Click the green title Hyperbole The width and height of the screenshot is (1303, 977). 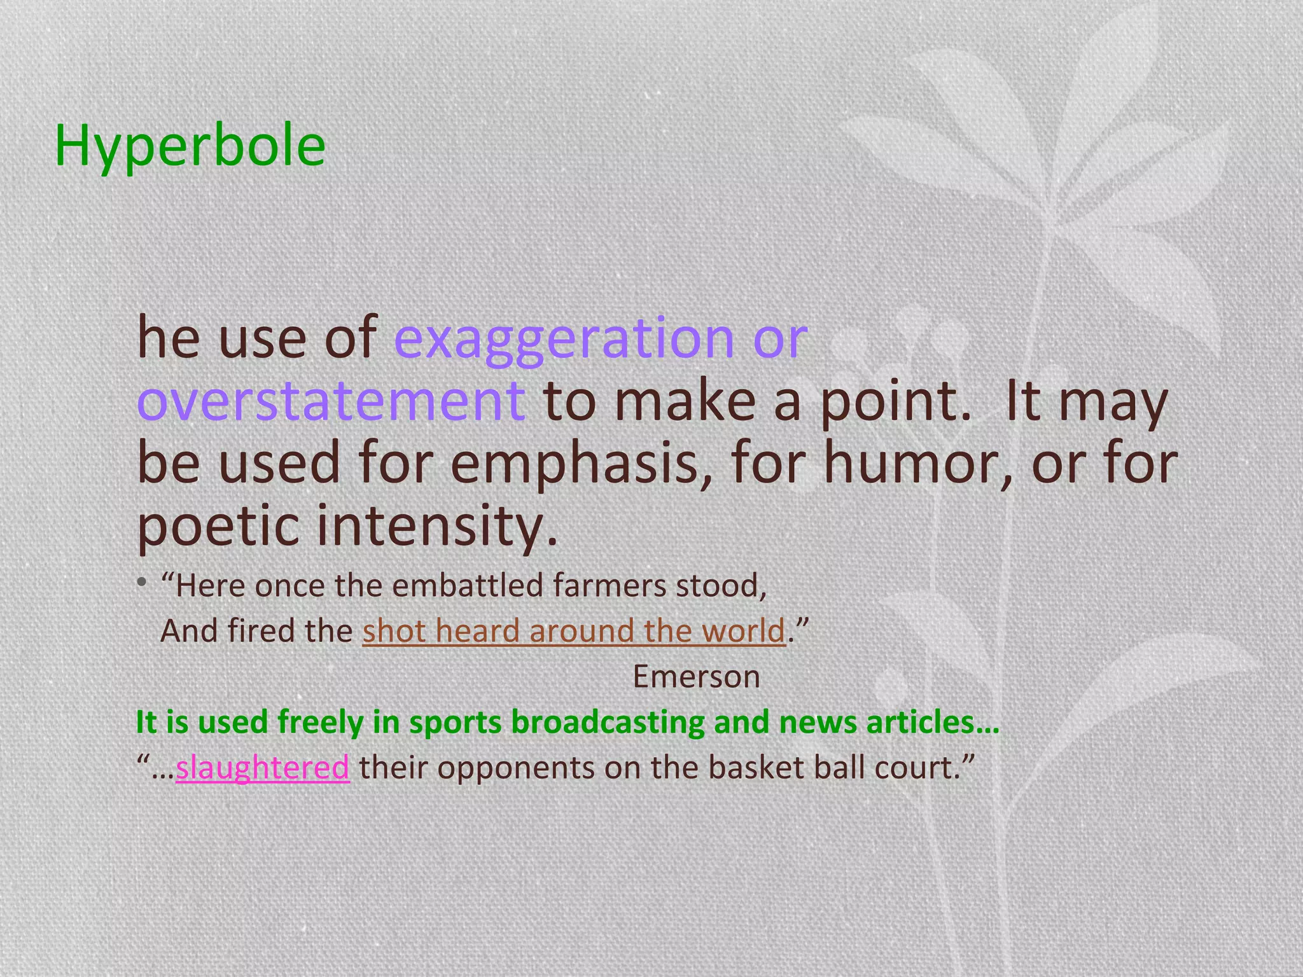pyautogui.click(x=190, y=146)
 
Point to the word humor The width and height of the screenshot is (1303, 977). pyautogui.click(x=917, y=464)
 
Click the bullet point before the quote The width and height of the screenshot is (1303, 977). pyautogui.click(x=143, y=582)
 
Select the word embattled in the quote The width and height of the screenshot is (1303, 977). pyautogui.click(x=468, y=586)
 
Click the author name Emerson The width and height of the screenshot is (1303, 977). pyautogui.click(x=696, y=677)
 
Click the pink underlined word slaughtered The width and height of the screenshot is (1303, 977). pyautogui.click(x=262, y=768)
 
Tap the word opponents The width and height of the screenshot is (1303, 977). pyautogui.click(x=516, y=768)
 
